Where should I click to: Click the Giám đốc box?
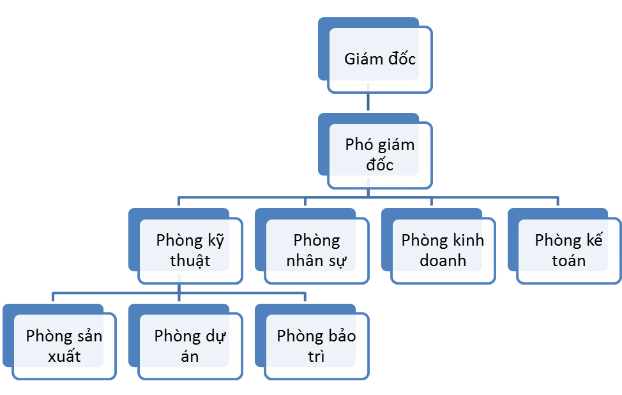pos(380,59)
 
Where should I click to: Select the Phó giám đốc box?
pos(380,155)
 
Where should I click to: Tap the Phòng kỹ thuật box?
pos(190,251)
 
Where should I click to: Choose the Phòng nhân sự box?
pos(317,251)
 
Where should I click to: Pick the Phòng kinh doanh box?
pos(443,251)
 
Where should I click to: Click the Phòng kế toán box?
pos(569,251)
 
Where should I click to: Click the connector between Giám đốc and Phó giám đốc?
pos(368,102)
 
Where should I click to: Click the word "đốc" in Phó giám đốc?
pos(380,165)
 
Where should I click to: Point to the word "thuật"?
pos(190,261)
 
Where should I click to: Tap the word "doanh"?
pos(443,261)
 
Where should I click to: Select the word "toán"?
pos(569,261)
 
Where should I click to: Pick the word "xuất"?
pos(64,356)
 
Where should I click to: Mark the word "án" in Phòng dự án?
pos(190,356)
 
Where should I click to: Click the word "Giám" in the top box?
pos(363,59)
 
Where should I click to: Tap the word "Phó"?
pos(359,145)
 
